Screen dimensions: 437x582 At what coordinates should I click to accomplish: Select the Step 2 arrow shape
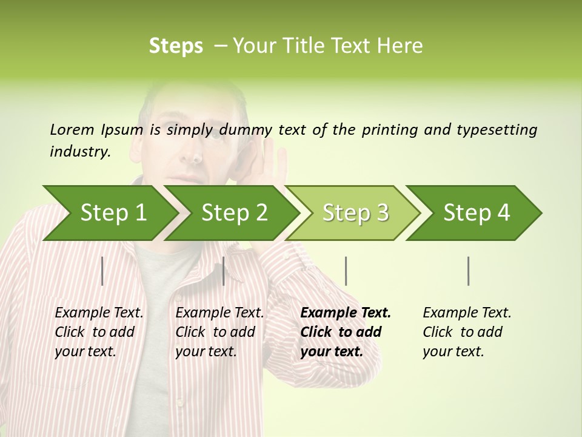(x=233, y=213)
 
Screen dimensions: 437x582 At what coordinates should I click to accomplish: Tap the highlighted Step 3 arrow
(x=355, y=213)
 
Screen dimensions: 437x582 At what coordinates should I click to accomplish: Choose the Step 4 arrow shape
(x=476, y=213)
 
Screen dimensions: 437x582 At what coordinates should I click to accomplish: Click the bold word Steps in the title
(x=176, y=46)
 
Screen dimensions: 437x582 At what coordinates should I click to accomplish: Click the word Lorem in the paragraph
(x=72, y=129)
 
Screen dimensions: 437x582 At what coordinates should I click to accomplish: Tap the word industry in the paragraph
(x=79, y=152)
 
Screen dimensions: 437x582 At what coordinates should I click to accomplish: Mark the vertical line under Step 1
(x=102, y=271)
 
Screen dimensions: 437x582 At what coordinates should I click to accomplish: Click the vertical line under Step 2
(x=224, y=271)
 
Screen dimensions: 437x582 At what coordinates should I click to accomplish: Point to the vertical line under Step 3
(x=346, y=271)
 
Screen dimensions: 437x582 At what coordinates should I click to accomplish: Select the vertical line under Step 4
(x=468, y=271)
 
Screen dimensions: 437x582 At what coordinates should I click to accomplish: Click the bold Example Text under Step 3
(x=346, y=313)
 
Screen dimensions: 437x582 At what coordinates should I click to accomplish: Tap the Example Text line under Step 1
(x=99, y=313)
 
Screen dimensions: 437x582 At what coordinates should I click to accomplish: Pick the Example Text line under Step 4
(x=467, y=313)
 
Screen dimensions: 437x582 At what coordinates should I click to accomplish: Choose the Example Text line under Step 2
(x=219, y=313)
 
